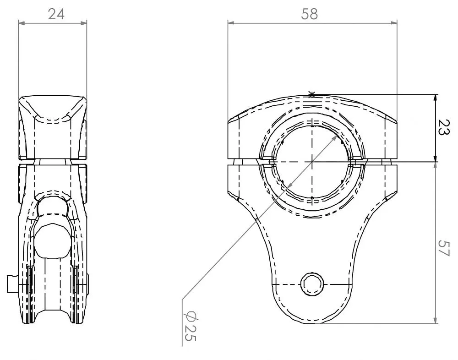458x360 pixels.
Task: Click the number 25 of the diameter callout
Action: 190,333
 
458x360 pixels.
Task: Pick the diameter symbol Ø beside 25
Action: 190,316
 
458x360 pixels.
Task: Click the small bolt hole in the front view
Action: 311,284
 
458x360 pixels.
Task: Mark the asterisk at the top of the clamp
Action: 311,95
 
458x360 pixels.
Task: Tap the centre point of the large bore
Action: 311,162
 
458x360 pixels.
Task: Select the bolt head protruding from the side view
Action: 13,284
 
